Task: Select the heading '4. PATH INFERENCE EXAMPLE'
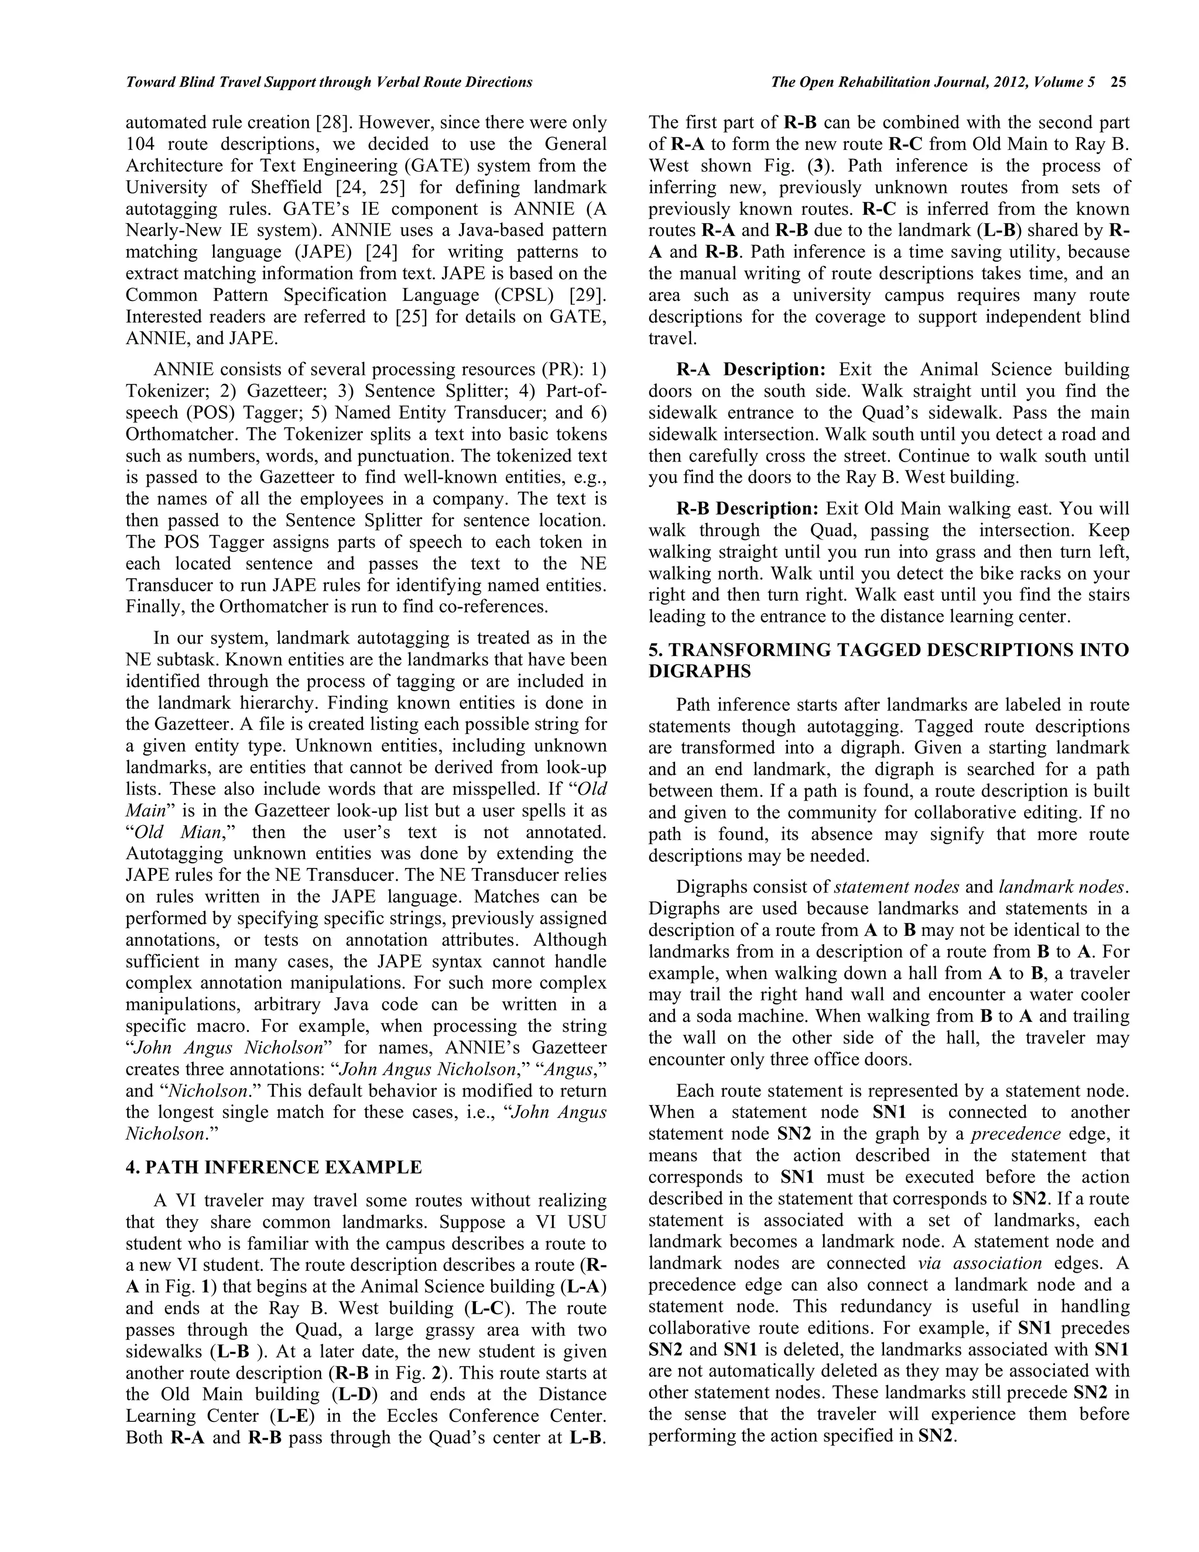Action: (x=274, y=1168)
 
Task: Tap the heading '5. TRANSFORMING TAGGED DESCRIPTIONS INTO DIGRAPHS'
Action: (x=888, y=661)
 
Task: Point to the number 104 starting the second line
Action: (x=141, y=144)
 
